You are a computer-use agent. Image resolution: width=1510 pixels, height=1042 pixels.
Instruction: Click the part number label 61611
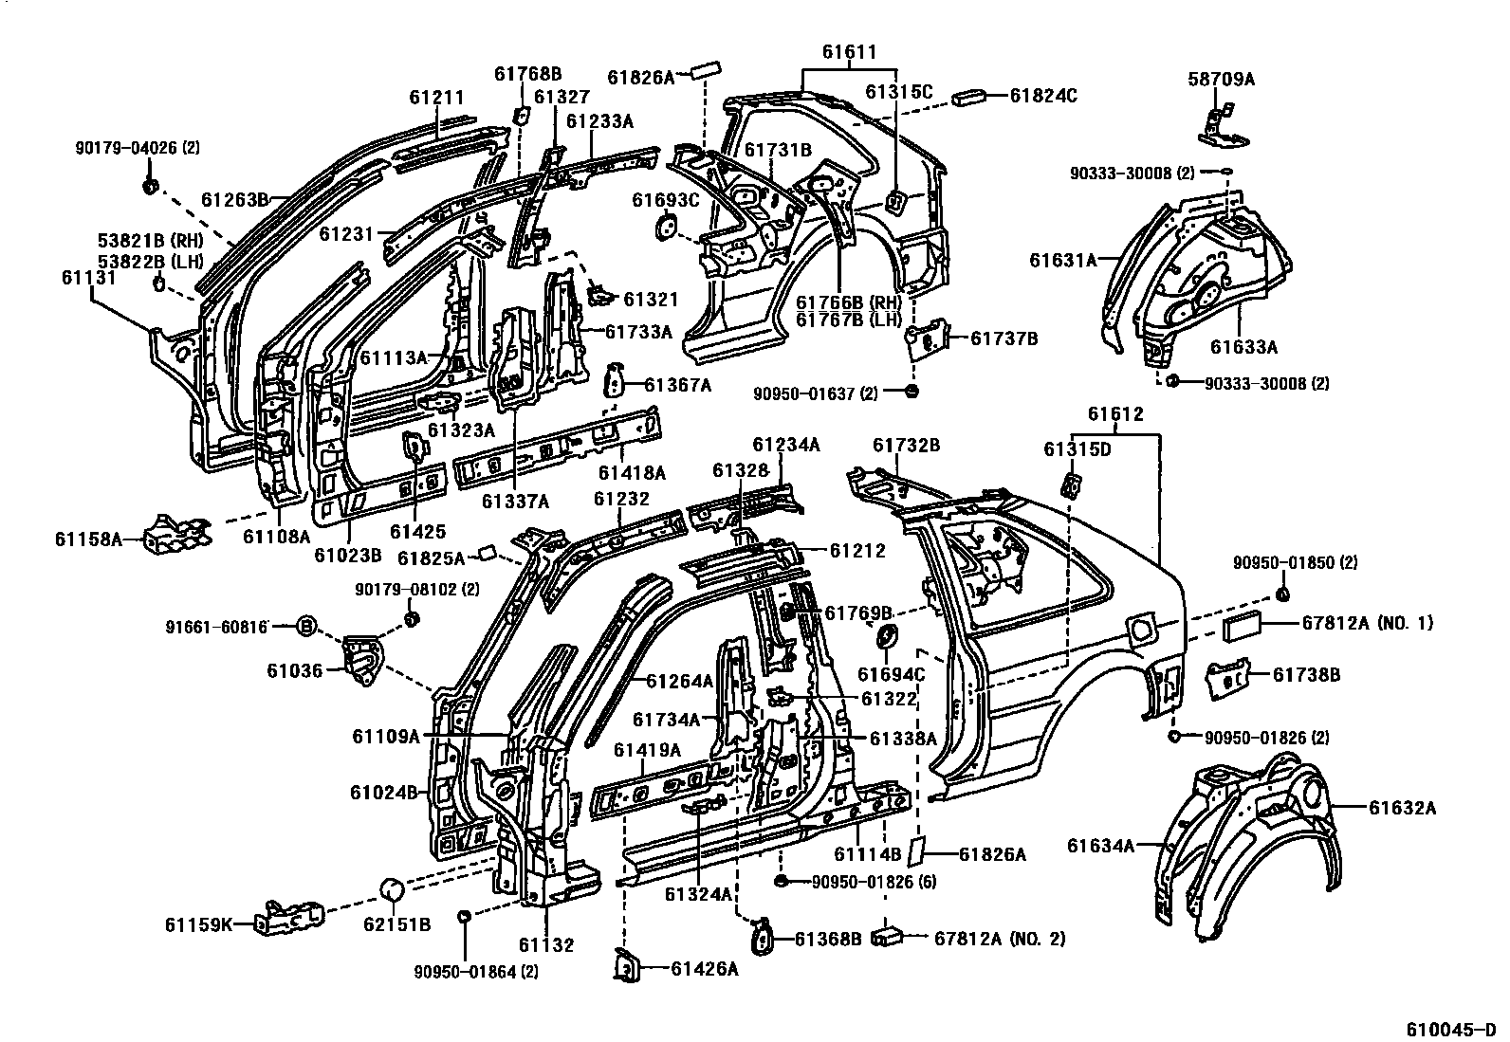pyautogui.click(x=849, y=53)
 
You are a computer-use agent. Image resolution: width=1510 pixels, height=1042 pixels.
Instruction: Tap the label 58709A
pyautogui.click(x=1221, y=80)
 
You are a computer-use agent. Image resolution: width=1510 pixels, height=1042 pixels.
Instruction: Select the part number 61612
pyautogui.click(x=1115, y=414)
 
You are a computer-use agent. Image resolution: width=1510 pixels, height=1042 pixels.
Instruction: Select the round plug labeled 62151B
pyautogui.click(x=393, y=890)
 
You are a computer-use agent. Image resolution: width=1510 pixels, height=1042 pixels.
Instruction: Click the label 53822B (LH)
pyautogui.click(x=143, y=261)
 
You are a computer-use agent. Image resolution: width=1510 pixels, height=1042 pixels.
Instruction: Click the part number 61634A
pyautogui.click(x=1100, y=845)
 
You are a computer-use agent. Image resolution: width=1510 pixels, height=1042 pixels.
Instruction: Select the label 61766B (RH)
pyautogui.click(x=849, y=302)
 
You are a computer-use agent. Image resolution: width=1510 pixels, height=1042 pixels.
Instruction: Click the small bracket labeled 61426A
pyautogui.click(x=627, y=964)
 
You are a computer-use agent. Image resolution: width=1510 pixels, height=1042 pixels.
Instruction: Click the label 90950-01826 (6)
pyautogui.click(x=875, y=882)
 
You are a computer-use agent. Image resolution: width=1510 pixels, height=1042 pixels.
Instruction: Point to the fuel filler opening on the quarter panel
pyautogui.click(x=1140, y=626)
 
